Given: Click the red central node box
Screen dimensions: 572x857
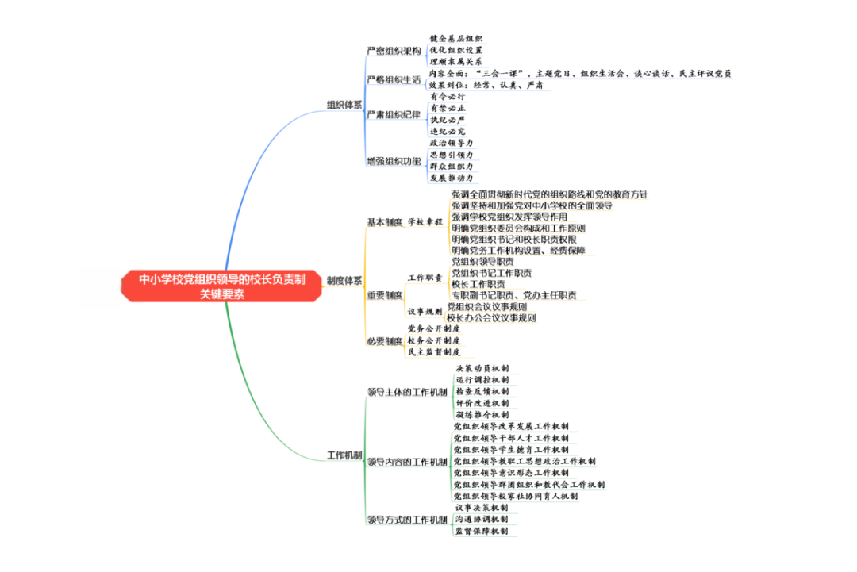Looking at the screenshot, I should [x=222, y=286].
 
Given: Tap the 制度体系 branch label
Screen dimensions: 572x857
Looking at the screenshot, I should [x=345, y=280].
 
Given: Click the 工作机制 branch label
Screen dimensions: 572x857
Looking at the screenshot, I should [x=345, y=455].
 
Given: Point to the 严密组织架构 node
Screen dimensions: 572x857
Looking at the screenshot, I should [x=394, y=50].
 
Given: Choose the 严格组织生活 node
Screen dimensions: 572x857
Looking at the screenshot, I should [x=394, y=79].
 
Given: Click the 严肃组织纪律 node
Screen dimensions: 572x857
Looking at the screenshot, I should [x=394, y=114].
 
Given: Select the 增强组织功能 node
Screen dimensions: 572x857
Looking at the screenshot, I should [x=394, y=161].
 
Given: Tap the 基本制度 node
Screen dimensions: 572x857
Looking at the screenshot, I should [x=384, y=222].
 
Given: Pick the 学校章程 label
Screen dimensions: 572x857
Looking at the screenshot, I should [x=425, y=222].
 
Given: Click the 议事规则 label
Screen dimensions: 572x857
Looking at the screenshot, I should [x=425, y=312].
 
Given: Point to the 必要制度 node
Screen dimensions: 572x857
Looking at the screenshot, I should [x=384, y=341].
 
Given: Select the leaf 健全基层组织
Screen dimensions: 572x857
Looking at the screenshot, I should [x=455, y=38].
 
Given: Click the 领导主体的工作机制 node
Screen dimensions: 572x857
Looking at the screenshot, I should [x=406, y=392].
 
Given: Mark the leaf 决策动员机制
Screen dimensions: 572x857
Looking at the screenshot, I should [x=482, y=369].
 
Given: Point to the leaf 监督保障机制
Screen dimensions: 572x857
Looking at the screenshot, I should [x=482, y=531].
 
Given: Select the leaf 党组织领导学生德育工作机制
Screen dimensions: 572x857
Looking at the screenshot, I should [x=511, y=449].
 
